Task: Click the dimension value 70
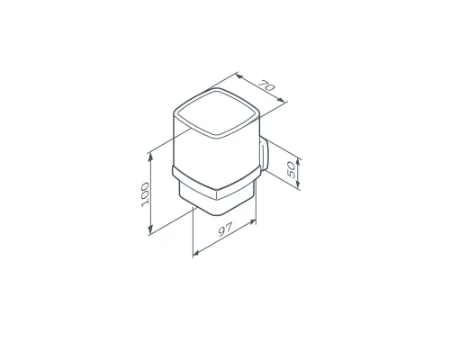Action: point(266,85)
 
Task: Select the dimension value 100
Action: point(145,194)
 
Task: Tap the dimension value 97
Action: point(225,229)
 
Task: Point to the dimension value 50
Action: point(291,169)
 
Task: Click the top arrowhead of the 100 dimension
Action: point(151,157)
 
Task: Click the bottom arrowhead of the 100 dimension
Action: point(150,229)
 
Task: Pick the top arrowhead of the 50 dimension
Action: point(298,162)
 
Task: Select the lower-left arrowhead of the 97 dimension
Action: point(196,254)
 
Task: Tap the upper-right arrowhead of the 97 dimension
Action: point(252,222)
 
